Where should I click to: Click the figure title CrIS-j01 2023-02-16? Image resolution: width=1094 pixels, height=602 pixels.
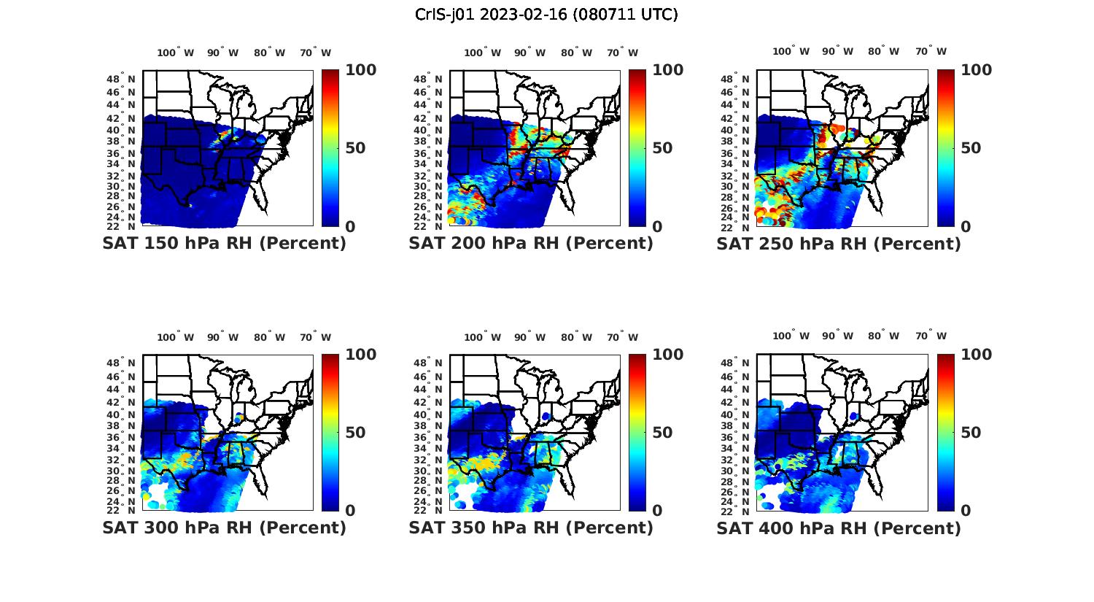[x=546, y=15]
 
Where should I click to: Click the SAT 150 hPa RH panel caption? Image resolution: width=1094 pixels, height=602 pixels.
[x=224, y=244]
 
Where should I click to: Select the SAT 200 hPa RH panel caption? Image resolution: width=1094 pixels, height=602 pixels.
[x=531, y=244]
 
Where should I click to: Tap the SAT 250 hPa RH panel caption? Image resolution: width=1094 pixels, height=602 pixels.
[x=839, y=244]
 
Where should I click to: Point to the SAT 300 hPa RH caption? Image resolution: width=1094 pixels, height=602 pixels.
[x=224, y=528]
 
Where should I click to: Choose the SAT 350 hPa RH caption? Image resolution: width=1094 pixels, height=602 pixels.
[x=531, y=528]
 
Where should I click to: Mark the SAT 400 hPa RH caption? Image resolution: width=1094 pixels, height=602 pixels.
[x=839, y=528]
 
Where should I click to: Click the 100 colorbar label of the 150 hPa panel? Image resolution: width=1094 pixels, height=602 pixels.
[x=360, y=70]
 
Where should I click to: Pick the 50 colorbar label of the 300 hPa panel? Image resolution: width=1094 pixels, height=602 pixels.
[x=355, y=433]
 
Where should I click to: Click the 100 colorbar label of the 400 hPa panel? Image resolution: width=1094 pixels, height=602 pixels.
[x=977, y=355]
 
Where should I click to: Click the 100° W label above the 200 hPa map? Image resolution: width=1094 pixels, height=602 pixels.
[x=482, y=53]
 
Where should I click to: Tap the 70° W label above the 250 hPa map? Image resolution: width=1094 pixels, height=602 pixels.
[x=931, y=51]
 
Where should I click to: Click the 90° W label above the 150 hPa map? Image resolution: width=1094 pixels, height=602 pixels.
[x=222, y=53]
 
